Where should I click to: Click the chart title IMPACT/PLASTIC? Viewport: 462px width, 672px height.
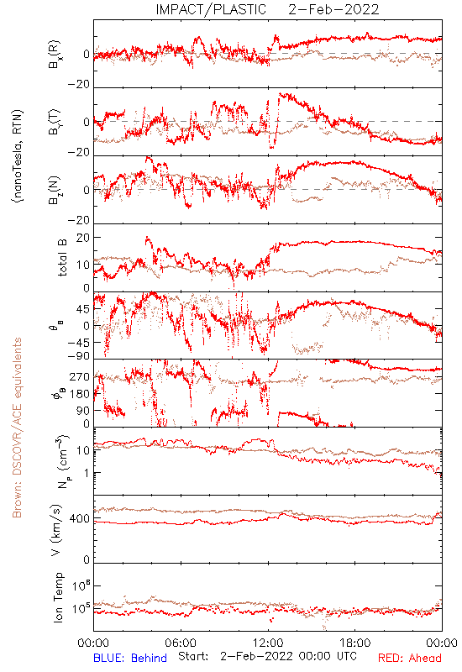coord(211,9)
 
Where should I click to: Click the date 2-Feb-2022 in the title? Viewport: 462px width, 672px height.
coord(333,9)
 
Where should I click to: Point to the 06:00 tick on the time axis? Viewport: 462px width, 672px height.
coord(181,643)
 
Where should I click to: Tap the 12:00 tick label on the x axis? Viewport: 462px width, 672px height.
coord(268,643)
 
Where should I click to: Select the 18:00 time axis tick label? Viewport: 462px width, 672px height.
coord(355,643)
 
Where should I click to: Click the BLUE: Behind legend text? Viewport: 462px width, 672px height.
coord(130,658)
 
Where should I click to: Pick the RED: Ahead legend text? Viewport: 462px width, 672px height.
coord(410,658)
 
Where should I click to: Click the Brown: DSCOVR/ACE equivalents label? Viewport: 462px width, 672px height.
coord(17,428)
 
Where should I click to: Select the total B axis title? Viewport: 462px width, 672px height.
coord(61,258)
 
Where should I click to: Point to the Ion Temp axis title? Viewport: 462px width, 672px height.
coord(58,597)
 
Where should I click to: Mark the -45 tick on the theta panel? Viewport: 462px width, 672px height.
coord(80,343)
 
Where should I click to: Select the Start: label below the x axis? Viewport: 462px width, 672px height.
coord(193,656)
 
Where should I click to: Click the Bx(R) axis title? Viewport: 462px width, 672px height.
coord(55,55)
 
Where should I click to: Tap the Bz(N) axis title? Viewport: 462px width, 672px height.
coord(55,190)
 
